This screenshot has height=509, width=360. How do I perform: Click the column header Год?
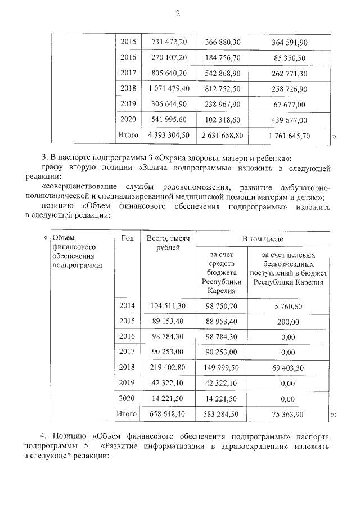[x=127, y=238]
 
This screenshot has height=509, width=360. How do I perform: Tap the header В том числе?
[x=262, y=239]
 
